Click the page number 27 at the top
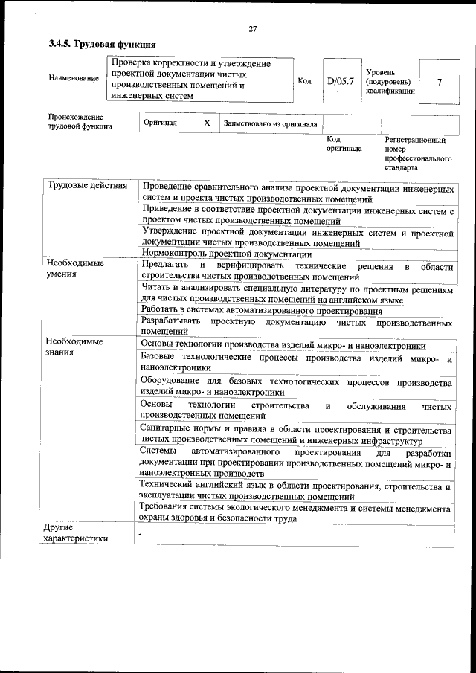coord(252,29)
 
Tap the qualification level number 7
coord(439,81)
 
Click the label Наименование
coord(74,78)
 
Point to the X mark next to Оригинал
coord(207,123)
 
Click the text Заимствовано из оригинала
coord(271,123)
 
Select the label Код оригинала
coord(343,144)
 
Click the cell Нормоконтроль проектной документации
coord(216,253)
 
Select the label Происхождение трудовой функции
coord(77,122)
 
